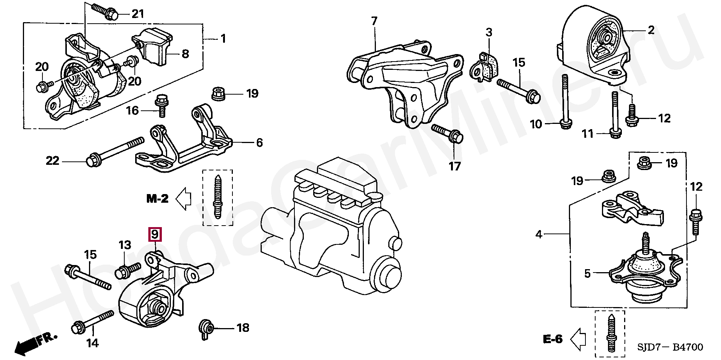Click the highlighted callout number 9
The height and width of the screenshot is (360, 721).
point(155,235)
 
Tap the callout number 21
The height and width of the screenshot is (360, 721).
point(137,14)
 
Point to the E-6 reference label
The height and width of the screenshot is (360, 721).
point(553,339)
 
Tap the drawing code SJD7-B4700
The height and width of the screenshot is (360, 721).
point(670,347)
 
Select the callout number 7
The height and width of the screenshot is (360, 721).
point(374,21)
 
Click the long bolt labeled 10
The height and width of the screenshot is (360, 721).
point(565,101)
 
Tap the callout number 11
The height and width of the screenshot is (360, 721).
point(587,134)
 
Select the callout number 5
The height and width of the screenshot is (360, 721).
point(588,273)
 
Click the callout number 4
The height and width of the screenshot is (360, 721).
point(539,235)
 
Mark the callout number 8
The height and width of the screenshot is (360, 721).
point(185,54)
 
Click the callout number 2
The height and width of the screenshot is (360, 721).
point(651,30)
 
